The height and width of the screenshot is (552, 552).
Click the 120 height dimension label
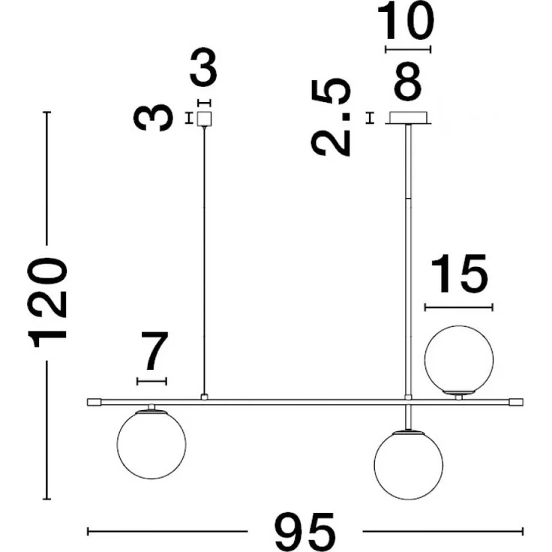(47, 303)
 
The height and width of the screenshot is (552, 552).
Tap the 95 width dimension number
(304, 530)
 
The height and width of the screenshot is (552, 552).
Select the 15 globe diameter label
(459, 274)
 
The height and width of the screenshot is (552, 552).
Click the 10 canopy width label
(406, 21)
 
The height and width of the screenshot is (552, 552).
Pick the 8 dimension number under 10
(408, 81)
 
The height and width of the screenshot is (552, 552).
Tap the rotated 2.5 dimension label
(331, 116)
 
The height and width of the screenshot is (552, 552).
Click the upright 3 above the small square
(203, 68)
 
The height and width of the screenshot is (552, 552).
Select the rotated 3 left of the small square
(154, 118)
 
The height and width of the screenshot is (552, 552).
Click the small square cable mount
(204, 118)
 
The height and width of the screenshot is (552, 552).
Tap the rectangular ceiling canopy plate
(408, 118)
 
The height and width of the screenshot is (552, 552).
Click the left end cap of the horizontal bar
(94, 402)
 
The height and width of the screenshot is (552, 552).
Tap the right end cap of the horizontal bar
(517, 402)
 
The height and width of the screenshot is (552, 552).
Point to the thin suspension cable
(204, 260)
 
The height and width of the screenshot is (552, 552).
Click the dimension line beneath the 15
(459, 307)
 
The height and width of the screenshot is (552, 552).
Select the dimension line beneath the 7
(151, 381)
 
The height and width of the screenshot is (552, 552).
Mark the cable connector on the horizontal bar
(204, 397)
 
